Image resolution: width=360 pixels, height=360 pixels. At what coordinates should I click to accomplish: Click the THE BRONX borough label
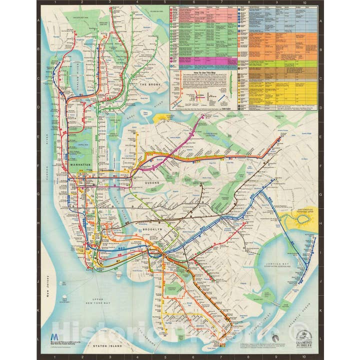[149, 85]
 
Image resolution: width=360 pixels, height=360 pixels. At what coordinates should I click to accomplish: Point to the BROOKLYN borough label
[152, 229]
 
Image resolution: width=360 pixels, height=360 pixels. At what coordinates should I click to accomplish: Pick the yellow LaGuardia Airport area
[162, 118]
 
